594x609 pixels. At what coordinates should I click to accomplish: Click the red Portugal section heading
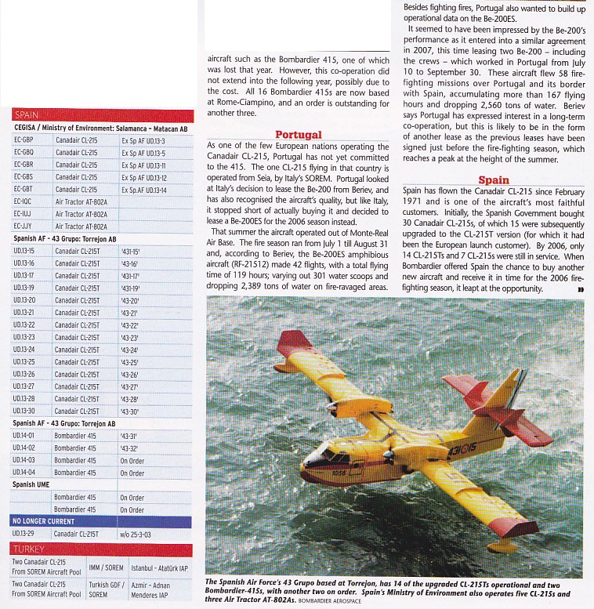point(298,135)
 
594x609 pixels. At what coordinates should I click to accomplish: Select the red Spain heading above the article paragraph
point(494,180)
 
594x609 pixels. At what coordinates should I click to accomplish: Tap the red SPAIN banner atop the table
point(26,115)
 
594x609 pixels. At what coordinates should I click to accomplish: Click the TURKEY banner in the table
point(29,549)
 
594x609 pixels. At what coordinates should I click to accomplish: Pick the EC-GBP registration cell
point(24,140)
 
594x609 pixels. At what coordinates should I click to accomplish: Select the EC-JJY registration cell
point(24,227)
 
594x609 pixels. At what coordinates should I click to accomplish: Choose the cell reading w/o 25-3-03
point(138,534)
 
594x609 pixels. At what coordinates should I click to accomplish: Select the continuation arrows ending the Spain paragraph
point(581,289)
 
